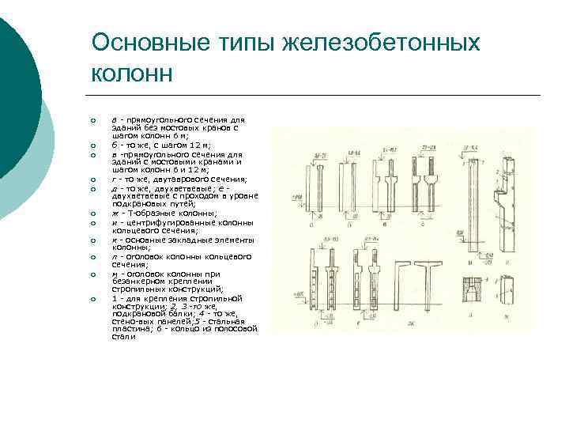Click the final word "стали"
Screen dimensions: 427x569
123,336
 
